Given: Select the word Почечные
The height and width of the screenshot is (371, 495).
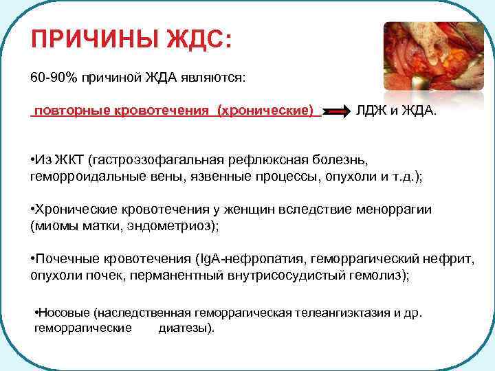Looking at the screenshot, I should pyautogui.click(x=65, y=259).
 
